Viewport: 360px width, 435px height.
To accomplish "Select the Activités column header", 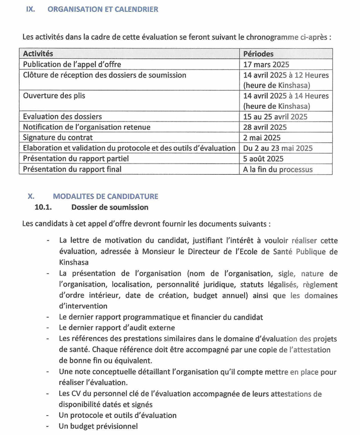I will coord(38,53).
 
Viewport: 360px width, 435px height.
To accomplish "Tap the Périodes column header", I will coord(258,53).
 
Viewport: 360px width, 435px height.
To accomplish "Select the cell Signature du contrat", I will coord(58,138).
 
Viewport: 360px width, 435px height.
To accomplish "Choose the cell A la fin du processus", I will coord(278,169).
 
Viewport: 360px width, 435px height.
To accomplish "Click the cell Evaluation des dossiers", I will coord(62,116).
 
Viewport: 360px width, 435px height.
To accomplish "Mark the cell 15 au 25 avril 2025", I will coord(275,116).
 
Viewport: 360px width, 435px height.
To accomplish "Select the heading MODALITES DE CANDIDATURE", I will coord(105,196).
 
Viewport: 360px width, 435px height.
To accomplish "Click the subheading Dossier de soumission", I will coord(110,207).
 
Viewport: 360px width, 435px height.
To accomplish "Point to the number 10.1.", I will coord(44,207).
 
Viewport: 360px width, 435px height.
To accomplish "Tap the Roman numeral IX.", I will coord(30,9).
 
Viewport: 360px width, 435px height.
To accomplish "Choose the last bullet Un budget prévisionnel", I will coord(98,426).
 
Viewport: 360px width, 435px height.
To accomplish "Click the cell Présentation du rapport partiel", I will coord(75,159).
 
